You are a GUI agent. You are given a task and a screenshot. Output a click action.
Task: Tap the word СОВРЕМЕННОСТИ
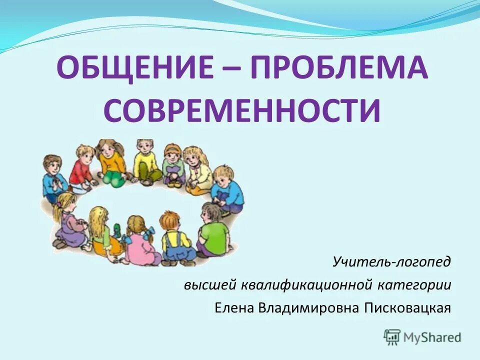pos(242,111)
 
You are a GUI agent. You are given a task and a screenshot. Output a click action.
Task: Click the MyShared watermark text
pos(433,337)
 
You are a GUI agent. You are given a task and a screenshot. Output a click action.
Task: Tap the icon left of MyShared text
pos(392,337)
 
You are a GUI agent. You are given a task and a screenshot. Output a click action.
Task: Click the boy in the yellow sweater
pos(145,161)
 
